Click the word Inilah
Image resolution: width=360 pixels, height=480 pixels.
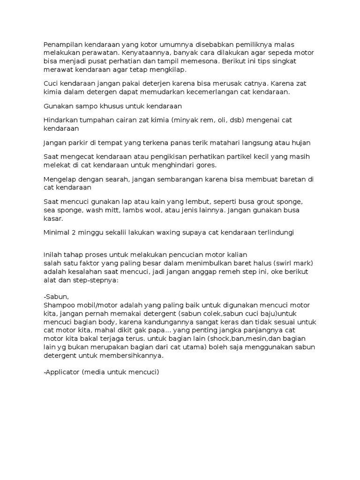pos(53,255)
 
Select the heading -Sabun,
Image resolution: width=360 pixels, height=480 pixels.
pos(56,297)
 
